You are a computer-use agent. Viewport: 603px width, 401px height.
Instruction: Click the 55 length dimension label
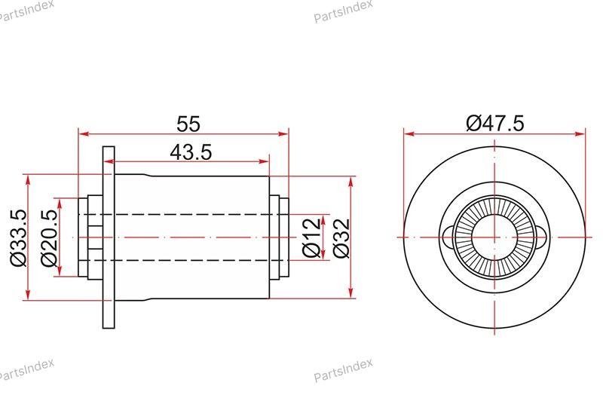tap(188, 124)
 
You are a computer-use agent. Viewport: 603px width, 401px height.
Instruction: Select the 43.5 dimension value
tap(191, 152)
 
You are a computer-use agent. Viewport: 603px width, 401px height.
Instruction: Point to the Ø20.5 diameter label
tap(49, 237)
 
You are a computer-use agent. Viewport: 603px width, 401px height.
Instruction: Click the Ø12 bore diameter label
tap(311, 237)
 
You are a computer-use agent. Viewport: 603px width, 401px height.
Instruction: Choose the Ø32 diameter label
tap(341, 238)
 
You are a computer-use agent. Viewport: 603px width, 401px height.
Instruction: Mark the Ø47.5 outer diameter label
tap(495, 124)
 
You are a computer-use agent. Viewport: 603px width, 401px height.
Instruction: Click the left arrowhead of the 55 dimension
tap(84, 134)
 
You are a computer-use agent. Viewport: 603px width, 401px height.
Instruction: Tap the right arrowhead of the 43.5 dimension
tap(265, 161)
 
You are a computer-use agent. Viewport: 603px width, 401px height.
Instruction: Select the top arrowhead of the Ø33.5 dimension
tap(27, 180)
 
